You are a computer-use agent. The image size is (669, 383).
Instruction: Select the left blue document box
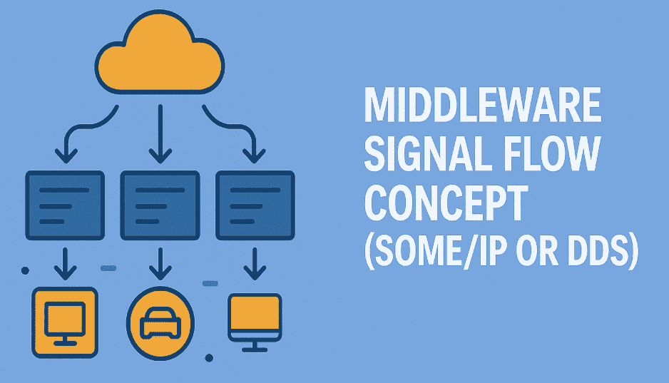(x=63, y=205)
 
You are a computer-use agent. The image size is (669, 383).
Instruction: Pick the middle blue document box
(x=158, y=205)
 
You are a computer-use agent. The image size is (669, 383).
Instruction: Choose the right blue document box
(x=254, y=205)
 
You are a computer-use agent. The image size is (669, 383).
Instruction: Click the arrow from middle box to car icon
(x=158, y=265)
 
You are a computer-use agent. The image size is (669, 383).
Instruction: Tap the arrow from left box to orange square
(x=65, y=265)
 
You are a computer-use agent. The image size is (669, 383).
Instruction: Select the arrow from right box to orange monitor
(x=254, y=265)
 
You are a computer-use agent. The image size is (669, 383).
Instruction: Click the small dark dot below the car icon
(x=209, y=357)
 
